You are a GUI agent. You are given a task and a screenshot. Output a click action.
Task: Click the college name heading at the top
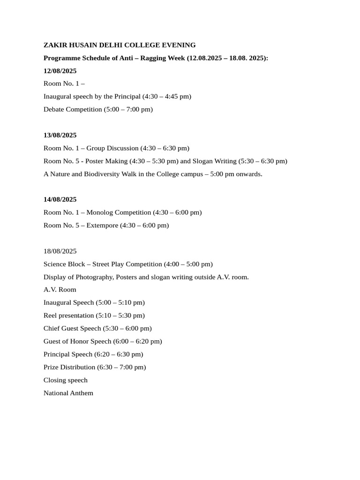(x=120, y=45)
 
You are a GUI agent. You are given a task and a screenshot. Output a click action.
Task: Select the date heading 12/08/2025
(x=60, y=71)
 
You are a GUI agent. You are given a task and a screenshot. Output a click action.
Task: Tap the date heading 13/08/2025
(x=60, y=135)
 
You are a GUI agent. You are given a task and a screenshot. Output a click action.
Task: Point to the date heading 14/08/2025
(x=60, y=199)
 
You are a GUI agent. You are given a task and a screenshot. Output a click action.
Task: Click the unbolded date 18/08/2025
(x=60, y=251)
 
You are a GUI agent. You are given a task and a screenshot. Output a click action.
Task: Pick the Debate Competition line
(x=98, y=109)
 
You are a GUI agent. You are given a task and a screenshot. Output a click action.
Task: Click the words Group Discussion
(x=112, y=148)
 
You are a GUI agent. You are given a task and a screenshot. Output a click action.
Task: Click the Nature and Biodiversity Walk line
(x=153, y=174)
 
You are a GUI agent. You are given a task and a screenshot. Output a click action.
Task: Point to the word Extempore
(x=102, y=225)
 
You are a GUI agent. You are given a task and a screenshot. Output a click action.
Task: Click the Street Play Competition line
(x=128, y=264)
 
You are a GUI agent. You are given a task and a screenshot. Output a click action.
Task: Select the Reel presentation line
(x=94, y=315)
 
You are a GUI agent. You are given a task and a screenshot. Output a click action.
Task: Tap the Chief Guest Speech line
(x=97, y=328)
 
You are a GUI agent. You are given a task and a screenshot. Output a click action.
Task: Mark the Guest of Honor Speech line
(x=103, y=341)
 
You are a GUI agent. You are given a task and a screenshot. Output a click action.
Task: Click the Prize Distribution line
(x=95, y=367)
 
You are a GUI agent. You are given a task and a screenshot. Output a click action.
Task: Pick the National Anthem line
(x=68, y=393)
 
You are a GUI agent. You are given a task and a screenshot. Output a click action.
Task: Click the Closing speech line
(x=66, y=380)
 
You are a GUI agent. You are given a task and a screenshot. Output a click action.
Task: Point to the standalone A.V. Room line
(x=60, y=290)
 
